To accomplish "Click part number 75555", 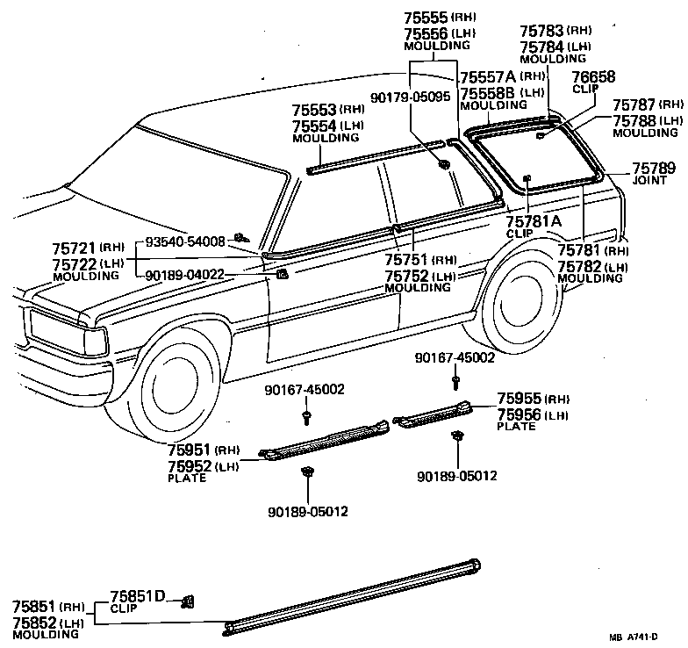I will click(x=426, y=17).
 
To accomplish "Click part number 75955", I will click(x=521, y=398).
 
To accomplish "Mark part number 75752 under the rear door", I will click(x=407, y=274).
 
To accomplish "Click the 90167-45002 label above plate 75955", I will click(x=456, y=357).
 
